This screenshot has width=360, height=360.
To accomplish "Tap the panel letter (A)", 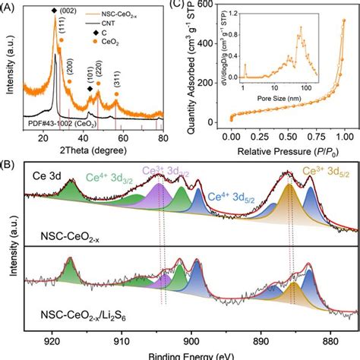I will (x=9, y=4).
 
